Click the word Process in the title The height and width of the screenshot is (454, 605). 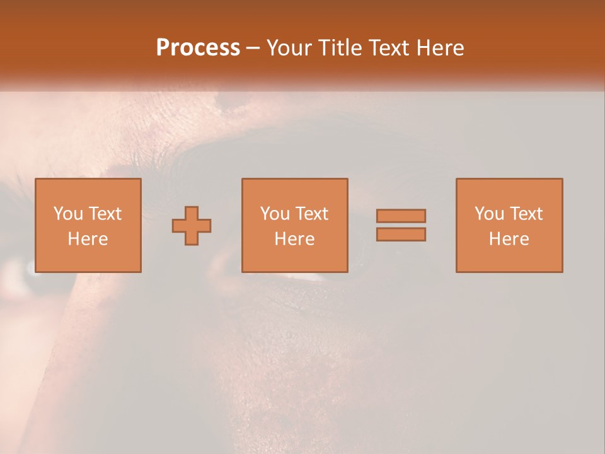198,48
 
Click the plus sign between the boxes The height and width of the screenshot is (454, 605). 192,226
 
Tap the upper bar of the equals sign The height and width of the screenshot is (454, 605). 401,216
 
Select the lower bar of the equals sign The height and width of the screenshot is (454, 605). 401,234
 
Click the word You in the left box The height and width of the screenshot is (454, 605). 67,214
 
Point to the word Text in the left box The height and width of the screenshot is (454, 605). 105,214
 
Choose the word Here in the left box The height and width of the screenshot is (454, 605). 88,239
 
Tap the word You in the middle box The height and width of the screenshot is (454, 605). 274,214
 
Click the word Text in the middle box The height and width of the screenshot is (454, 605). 311,214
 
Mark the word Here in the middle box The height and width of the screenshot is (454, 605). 294,239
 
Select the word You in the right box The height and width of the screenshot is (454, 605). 488,214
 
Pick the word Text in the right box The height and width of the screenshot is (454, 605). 526,214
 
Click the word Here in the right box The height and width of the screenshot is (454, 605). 509,239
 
